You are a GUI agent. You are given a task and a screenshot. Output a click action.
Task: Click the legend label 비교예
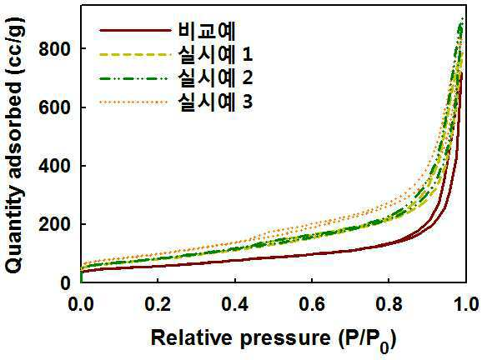[206, 31]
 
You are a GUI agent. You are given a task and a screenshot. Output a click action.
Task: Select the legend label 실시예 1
[215, 54]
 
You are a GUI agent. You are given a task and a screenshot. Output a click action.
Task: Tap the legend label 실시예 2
[215, 77]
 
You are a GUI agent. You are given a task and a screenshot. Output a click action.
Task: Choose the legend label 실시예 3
[215, 101]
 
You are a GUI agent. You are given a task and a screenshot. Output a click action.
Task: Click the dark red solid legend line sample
[135, 30]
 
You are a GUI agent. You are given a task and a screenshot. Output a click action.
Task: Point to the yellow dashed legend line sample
[135, 55]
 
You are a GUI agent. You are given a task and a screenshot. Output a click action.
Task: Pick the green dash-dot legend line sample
[133, 78]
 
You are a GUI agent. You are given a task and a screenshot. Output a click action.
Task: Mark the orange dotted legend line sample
[133, 102]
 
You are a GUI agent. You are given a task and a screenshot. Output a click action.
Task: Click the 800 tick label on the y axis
[55, 49]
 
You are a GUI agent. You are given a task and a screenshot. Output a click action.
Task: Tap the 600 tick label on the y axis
[55, 107]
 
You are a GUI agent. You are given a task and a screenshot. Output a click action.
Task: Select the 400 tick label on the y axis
[55, 166]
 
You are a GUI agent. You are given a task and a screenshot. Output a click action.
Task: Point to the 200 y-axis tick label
[55, 224]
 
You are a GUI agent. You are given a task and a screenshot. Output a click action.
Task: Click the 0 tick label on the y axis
[66, 282]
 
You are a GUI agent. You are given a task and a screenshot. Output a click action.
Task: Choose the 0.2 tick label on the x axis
[158, 304]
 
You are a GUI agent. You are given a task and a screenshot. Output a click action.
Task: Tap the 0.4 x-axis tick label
[235, 304]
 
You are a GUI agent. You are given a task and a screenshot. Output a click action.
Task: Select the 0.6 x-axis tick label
[312, 304]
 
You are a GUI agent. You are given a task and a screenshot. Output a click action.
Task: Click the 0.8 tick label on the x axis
[389, 304]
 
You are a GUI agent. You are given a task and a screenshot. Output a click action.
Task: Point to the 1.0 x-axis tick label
[465, 304]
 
